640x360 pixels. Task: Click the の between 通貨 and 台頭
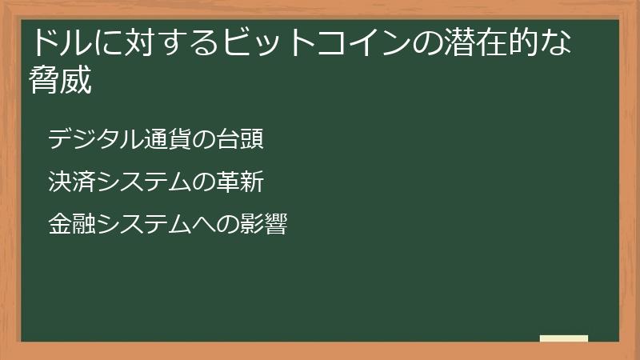coord(205,139)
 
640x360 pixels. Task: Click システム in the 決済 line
coord(144,182)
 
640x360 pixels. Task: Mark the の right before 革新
coord(205,182)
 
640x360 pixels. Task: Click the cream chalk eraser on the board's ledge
coord(564,338)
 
